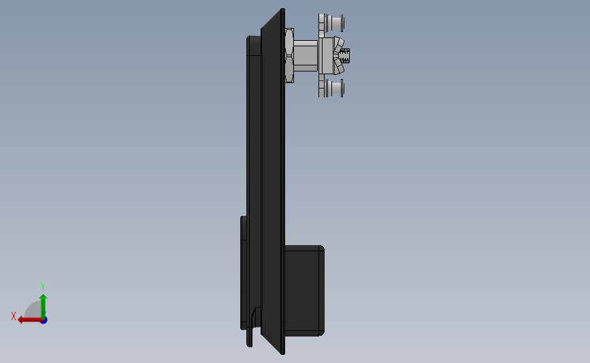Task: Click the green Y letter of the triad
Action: [42, 287]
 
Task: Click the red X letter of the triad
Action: [14, 316]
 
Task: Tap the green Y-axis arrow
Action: [43, 303]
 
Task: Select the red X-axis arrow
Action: [27, 319]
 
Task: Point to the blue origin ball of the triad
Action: [44, 319]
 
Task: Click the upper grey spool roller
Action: [332, 23]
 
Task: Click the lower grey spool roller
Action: [332, 88]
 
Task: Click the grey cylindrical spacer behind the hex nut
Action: [306, 55]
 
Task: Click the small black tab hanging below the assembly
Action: [250, 337]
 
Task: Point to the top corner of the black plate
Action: [282, 10]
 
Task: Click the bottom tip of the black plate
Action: [282, 351]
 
